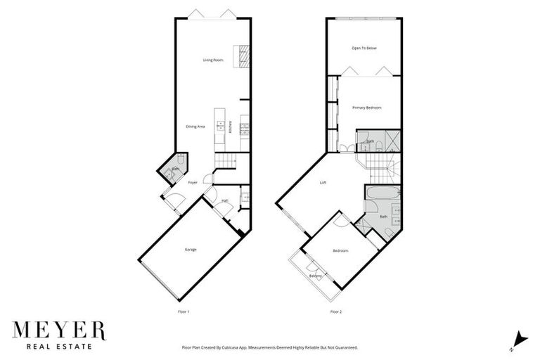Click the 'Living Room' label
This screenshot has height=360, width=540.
tap(213, 60)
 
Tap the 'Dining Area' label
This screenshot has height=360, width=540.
tap(195, 127)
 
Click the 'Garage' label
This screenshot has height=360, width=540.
tap(190, 250)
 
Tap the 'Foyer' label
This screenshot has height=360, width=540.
tap(192, 183)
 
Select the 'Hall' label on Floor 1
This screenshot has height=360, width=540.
tap(224, 201)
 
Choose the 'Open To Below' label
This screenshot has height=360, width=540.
tap(364, 48)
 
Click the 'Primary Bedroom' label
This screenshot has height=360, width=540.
tap(366, 108)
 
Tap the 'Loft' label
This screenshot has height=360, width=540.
tap(323, 183)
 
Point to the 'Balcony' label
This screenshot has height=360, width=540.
tap(316, 276)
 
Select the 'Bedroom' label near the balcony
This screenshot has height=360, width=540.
tap(340, 250)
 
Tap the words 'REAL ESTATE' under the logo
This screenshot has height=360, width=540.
tap(58, 346)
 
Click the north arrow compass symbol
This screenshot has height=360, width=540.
tap(520, 339)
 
